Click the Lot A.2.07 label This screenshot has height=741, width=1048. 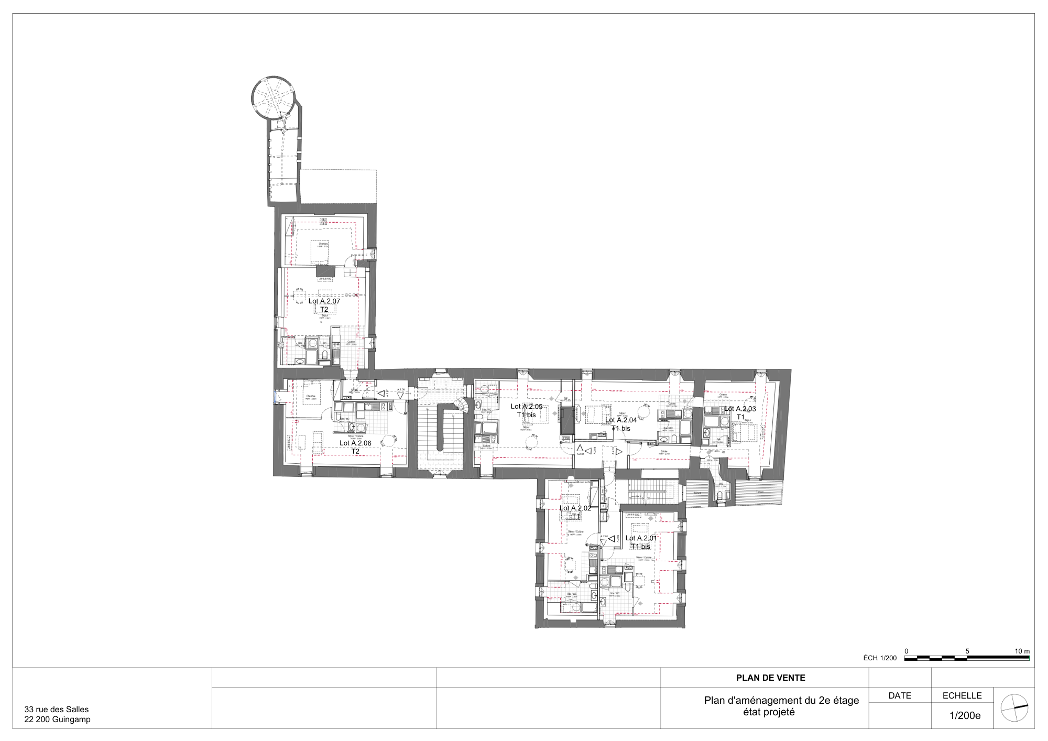(324, 301)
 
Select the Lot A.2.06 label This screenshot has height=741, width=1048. (355, 443)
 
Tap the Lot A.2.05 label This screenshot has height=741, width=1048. (527, 406)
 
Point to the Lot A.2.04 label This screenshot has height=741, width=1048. (621, 420)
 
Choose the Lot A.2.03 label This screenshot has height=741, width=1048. (740, 409)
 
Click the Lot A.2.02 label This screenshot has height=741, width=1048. (575, 508)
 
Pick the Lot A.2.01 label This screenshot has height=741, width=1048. (641, 538)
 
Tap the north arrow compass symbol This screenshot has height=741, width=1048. (1014, 708)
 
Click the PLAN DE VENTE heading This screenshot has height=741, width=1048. (770, 678)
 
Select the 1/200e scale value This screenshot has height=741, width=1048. (965, 715)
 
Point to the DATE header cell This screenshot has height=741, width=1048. (900, 695)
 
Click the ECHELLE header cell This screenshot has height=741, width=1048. (962, 695)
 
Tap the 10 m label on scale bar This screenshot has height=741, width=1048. (1022, 651)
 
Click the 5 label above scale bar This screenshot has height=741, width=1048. (967, 651)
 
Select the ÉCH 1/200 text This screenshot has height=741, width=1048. (880, 658)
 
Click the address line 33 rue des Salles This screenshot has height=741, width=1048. (57, 709)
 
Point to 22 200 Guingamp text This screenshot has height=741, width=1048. (57, 719)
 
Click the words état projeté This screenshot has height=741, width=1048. (769, 712)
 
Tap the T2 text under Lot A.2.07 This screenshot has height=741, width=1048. (324, 309)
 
